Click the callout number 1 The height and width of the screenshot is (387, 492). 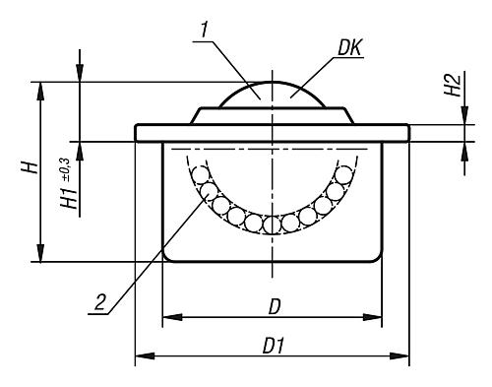coord(205,31)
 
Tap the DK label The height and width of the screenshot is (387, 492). coord(350,48)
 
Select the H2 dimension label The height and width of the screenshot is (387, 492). coord(453,85)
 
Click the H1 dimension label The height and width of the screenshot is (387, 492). coord(69,198)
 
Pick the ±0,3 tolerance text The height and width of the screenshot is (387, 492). coord(65,169)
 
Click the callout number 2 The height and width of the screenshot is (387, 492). coord(100,302)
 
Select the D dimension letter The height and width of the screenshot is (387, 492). coord(275,307)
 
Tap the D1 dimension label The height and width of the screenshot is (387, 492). coord(273,346)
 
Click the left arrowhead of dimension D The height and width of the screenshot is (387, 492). coord(172,317)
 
